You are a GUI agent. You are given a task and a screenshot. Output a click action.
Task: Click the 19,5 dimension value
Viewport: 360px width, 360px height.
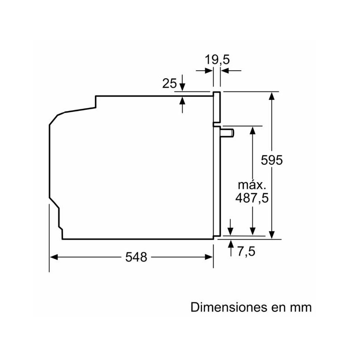tap(217, 59)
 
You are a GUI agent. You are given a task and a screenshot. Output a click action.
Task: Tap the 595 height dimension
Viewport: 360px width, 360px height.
tap(272, 160)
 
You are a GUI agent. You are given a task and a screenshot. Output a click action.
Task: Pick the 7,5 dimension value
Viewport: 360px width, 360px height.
tap(246, 252)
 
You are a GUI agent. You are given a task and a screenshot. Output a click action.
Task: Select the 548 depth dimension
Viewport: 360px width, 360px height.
tap(136, 257)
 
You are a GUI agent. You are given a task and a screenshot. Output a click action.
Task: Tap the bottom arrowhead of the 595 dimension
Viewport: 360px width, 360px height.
tap(272, 234)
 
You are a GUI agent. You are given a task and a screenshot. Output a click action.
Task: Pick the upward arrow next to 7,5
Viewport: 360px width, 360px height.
tap(231, 245)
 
